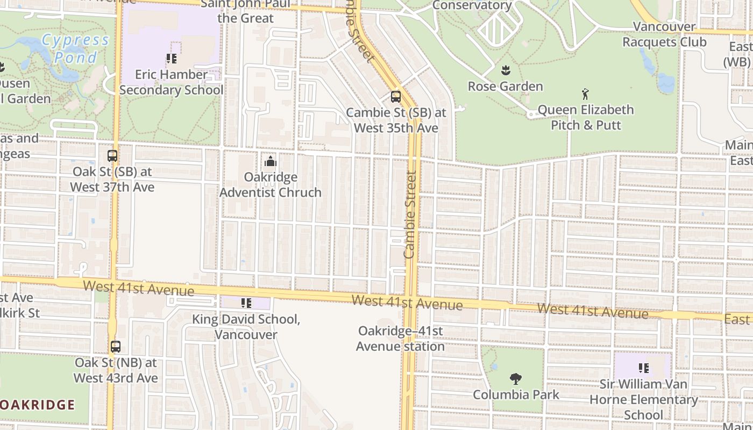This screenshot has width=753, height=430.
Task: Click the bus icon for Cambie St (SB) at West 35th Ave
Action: [x=395, y=97]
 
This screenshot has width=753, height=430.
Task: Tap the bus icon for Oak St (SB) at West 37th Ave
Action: [x=112, y=156]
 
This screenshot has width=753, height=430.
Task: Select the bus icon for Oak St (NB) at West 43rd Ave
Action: [x=116, y=347]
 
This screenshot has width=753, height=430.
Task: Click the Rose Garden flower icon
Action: [x=505, y=70]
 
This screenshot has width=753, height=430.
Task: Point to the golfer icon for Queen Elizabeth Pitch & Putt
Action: [x=585, y=95]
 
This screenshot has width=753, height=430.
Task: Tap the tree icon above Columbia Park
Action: [x=516, y=379]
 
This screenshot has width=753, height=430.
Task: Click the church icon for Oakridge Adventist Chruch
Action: [x=270, y=161]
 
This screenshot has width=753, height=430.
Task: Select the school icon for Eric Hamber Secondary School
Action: [x=171, y=59]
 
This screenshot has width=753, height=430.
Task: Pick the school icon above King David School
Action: [x=246, y=303]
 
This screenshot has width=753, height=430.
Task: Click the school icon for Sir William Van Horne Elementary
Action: [x=643, y=368]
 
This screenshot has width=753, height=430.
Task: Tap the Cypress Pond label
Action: [x=75, y=48]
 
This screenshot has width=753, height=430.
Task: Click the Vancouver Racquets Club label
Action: [x=664, y=34]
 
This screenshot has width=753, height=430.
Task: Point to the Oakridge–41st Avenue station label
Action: [x=400, y=339]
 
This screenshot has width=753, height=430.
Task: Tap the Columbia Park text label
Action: [x=516, y=395]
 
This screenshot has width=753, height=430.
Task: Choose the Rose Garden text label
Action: [x=505, y=86]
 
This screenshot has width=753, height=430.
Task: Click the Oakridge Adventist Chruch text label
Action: [x=270, y=184]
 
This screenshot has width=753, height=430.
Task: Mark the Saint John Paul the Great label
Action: [x=246, y=11]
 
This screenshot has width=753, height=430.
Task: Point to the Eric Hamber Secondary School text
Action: [x=171, y=82]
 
